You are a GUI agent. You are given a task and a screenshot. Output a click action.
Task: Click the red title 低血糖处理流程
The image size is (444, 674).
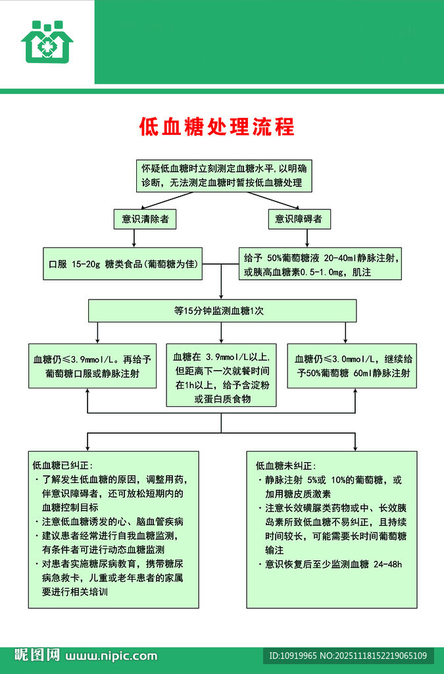[216, 126]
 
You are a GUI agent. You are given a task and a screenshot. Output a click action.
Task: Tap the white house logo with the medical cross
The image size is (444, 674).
[47, 42]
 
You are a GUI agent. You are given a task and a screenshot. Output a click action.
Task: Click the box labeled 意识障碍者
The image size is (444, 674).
[299, 219]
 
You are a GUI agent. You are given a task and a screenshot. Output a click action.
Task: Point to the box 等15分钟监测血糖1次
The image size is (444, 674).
[222, 311]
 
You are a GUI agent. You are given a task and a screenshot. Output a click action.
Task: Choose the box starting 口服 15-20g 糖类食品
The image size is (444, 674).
[122, 264]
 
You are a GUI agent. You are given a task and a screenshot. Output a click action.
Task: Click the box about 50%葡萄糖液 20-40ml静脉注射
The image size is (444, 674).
[320, 263]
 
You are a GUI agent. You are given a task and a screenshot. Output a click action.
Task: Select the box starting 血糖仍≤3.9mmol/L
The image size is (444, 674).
[93, 366]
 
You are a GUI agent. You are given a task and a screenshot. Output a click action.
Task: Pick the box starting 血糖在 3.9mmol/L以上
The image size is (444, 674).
[222, 373]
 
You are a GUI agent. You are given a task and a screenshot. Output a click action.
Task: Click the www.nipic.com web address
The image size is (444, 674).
[112, 656]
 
